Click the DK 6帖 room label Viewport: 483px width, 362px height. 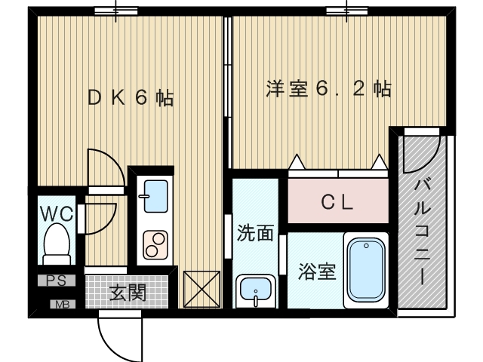131,98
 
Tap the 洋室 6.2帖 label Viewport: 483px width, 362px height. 328,89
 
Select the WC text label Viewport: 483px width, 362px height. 57,213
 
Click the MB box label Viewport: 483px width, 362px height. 57,305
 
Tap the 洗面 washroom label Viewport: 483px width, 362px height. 255,233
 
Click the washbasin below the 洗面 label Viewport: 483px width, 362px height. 256,290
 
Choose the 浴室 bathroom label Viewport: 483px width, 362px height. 315,271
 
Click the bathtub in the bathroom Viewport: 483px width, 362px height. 366,270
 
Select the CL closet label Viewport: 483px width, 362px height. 337,202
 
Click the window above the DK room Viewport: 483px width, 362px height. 116,11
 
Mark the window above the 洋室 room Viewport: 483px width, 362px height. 347,11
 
